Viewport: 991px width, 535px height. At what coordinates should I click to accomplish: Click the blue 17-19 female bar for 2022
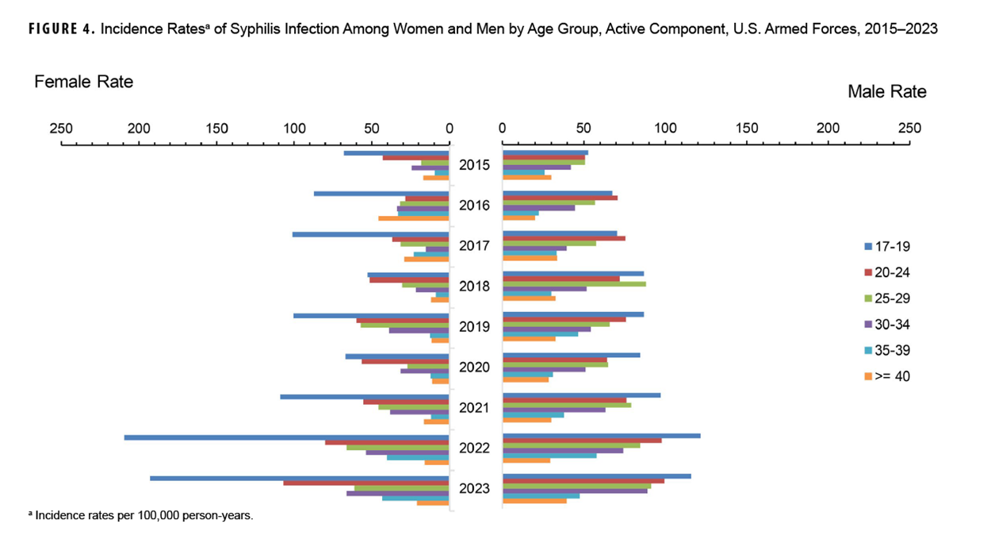point(286,437)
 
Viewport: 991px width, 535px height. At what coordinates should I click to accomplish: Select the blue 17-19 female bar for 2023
point(299,478)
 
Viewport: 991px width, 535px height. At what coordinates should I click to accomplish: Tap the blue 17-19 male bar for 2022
point(601,435)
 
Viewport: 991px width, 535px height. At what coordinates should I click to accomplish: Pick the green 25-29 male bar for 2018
point(574,284)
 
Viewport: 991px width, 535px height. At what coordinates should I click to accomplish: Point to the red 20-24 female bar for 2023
point(365,483)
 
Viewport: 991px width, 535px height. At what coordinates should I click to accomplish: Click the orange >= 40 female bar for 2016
point(413,218)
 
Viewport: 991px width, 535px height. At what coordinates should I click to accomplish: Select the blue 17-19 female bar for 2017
point(370,234)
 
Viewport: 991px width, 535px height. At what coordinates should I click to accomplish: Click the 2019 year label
point(474,327)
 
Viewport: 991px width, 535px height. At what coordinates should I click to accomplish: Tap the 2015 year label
point(474,166)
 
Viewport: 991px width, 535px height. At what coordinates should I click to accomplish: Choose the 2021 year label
point(474,408)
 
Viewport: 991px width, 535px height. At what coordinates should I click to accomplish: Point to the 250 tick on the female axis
point(61,129)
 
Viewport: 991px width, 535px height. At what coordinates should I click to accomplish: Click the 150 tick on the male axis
point(747,129)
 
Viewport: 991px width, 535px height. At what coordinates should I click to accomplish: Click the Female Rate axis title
point(83,82)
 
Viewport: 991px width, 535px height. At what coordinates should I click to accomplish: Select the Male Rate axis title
point(886,91)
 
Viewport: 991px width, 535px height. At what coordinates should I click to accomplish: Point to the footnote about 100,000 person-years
point(140,515)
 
